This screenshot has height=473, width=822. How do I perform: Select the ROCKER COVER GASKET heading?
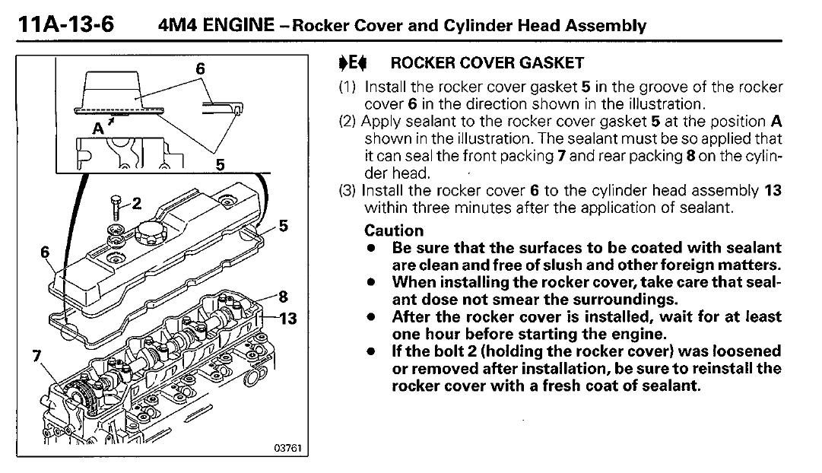pyautogui.click(x=487, y=63)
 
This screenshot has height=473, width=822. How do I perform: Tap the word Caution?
pyautogui.click(x=394, y=230)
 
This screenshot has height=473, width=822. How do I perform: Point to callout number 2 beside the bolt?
pyautogui.click(x=136, y=203)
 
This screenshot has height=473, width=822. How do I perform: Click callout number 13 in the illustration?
pyautogui.click(x=287, y=319)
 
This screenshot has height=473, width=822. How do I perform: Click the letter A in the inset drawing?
pyautogui.click(x=97, y=129)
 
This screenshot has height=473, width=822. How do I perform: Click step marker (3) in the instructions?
pyautogui.click(x=348, y=191)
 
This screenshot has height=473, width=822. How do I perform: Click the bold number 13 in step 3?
pyautogui.click(x=773, y=191)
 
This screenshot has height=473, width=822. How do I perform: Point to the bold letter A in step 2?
pyautogui.click(x=776, y=122)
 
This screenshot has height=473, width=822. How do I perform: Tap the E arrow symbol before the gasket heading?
pyautogui.click(x=348, y=63)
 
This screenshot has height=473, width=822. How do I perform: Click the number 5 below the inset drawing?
pyautogui.click(x=221, y=163)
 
